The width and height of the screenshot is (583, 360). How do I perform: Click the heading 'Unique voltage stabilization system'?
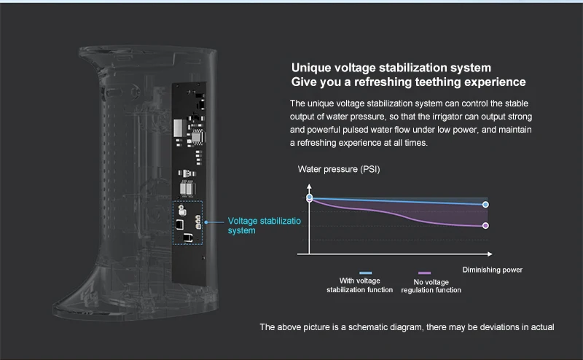[386, 68]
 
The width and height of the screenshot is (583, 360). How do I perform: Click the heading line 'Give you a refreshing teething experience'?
[408, 82]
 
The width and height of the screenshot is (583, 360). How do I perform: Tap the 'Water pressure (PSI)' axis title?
[339, 169]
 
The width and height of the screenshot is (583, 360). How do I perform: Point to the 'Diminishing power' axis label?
[493, 270]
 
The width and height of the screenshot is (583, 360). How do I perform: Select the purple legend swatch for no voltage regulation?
[425, 273]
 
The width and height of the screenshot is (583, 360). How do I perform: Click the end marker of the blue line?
[485, 205]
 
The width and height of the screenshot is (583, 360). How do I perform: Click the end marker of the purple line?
[485, 225]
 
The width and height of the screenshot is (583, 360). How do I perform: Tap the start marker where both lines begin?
[310, 197]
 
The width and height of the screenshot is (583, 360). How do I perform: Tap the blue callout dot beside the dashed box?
[207, 222]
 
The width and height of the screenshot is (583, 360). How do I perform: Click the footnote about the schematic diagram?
[407, 326]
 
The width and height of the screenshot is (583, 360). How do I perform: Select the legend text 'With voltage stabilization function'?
[360, 285]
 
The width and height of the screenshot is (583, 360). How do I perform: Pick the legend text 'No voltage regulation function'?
[431, 286]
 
